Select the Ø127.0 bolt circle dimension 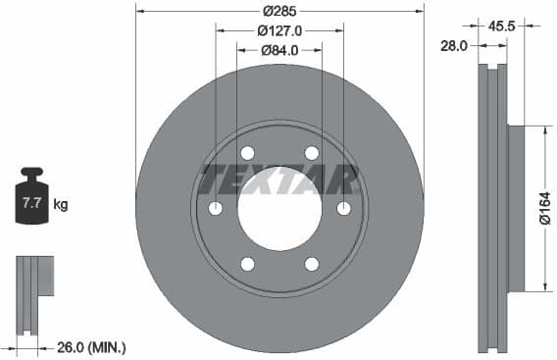279,31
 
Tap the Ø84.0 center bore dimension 279,50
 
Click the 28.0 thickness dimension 452,45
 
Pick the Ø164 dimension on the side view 545,208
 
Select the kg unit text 61,205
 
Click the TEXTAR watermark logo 279,180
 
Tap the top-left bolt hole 247,153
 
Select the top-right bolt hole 312,153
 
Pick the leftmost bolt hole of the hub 216,208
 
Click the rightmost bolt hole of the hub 344,208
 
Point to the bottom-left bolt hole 247,264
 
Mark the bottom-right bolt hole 312,264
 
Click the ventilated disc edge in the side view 490,208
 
